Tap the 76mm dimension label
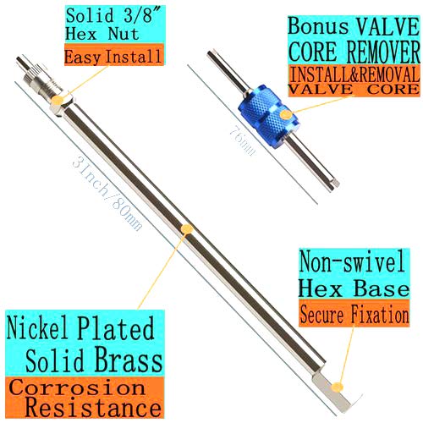pos(242,140)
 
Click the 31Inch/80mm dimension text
pos(107,195)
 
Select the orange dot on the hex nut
pos(58,99)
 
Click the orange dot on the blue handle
pos(286,114)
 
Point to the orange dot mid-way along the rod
pos(187,228)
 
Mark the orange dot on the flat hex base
pos(337,387)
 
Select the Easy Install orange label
pos(114,56)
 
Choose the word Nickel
pos(37,327)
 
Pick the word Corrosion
pos(77,387)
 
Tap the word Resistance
pos(93,407)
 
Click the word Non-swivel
pos(353,262)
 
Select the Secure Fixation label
pos(354,314)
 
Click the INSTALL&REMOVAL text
pos(354,74)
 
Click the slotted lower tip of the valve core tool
pos(336,183)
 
